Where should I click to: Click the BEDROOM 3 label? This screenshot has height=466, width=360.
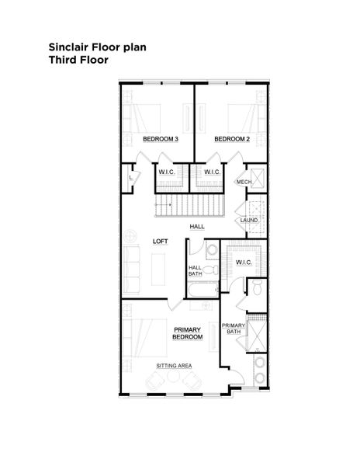click(x=161, y=140)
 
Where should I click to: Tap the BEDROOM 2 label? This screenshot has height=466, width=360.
click(x=231, y=140)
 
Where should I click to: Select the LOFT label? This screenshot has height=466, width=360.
click(x=161, y=242)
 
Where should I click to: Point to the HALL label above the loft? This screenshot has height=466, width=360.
click(x=196, y=226)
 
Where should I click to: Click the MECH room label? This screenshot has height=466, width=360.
click(x=244, y=182)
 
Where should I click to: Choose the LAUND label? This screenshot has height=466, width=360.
click(x=249, y=221)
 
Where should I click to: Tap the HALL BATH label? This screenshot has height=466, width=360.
click(x=196, y=271)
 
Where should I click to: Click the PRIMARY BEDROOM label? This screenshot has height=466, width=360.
click(x=188, y=333)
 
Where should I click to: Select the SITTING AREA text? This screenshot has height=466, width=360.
click(x=174, y=365)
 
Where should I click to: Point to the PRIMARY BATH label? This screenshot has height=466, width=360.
click(x=233, y=329)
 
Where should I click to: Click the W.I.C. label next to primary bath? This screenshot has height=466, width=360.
click(x=244, y=262)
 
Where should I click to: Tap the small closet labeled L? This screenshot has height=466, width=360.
click(x=130, y=178)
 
